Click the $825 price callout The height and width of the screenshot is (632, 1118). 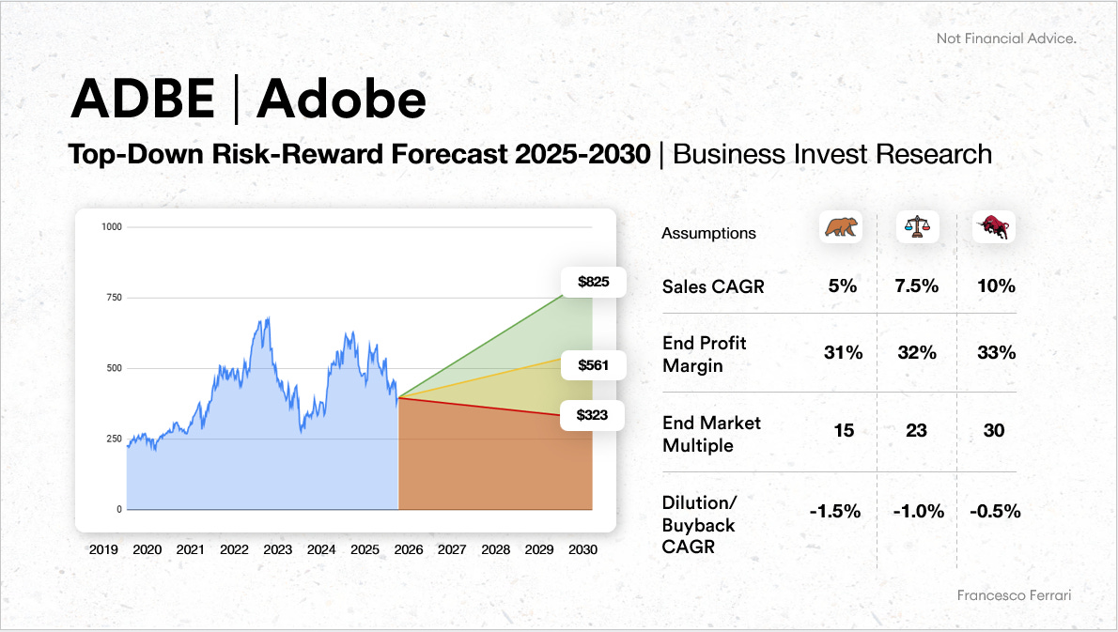(593, 282)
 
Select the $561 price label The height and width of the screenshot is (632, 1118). (593, 364)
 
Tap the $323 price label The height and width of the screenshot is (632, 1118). (592, 415)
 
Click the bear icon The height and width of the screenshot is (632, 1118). (841, 227)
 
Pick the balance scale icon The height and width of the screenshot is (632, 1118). (918, 227)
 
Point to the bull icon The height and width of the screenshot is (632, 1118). (995, 227)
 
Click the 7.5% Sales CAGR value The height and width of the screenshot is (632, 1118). (917, 285)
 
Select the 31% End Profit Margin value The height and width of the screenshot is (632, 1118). (844, 353)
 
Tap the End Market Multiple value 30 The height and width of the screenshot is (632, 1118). (994, 430)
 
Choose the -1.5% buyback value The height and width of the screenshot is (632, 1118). (835, 511)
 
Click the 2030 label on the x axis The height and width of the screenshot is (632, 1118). (582, 549)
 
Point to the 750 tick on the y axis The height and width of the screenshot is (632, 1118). (114, 297)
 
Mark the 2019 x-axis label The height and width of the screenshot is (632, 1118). (103, 549)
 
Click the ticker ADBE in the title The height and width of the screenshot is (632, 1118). (144, 99)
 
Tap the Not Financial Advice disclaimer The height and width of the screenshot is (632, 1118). (1006, 39)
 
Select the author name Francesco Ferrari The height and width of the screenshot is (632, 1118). (1014, 595)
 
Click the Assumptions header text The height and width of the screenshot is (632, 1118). (708, 233)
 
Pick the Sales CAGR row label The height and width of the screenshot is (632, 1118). (713, 286)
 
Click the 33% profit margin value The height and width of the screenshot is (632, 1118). (996, 353)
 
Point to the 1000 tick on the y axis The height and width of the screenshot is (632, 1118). (112, 226)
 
